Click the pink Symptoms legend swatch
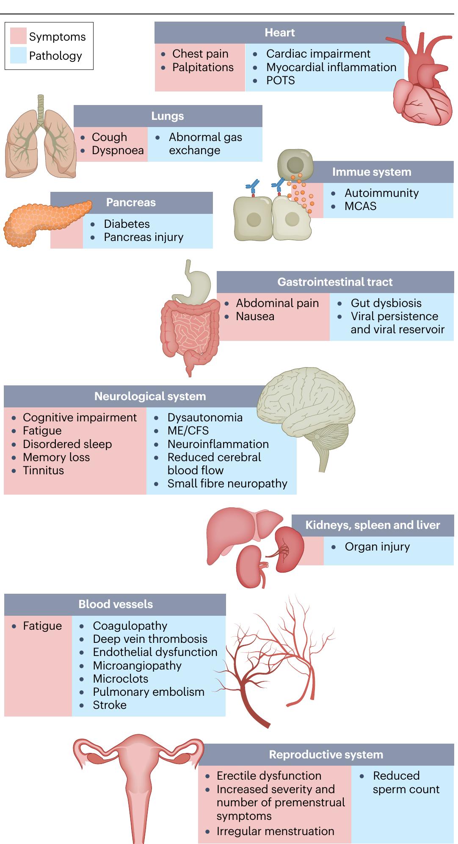[18, 36]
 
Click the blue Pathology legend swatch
[18, 55]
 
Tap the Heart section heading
[279, 33]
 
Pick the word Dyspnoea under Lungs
[118, 150]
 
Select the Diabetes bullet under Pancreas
[127, 224]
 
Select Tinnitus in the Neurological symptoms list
[43, 470]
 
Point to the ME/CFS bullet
[188, 431]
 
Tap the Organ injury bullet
[377, 547]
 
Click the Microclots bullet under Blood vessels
[121, 679]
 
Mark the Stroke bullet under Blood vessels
[110, 705]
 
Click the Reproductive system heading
[326, 755]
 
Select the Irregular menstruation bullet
[275, 831]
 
